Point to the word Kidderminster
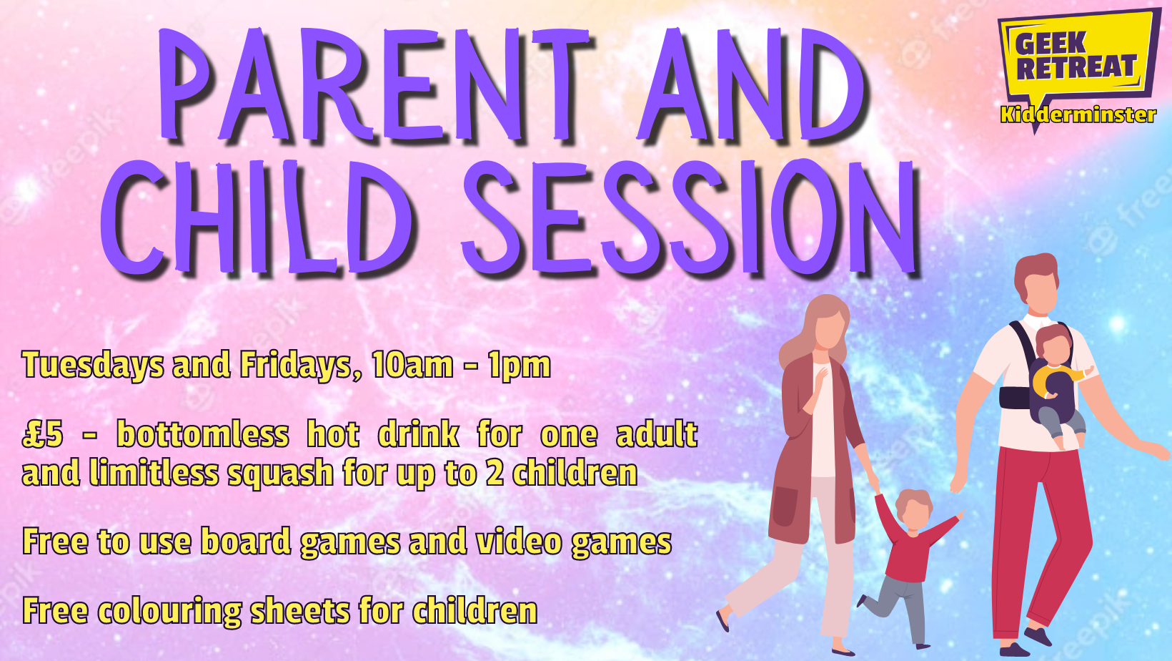click(x=1078, y=115)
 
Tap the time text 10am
click(x=412, y=365)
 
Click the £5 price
click(x=42, y=434)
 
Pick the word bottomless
click(x=202, y=434)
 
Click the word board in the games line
click(x=246, y=541)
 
